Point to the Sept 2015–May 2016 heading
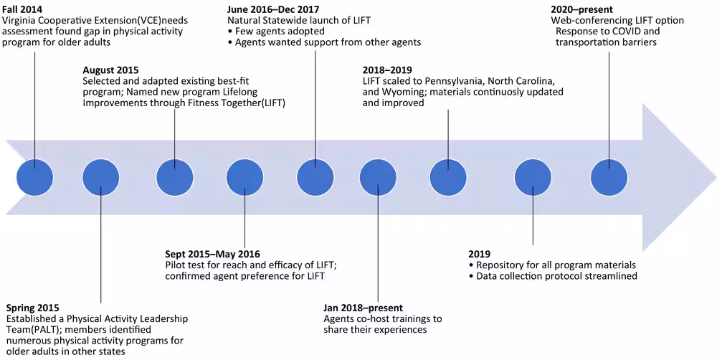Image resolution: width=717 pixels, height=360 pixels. pos(213,254)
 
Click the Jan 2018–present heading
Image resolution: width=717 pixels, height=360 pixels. pos(364,308)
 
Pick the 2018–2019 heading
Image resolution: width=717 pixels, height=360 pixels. pos(387,70)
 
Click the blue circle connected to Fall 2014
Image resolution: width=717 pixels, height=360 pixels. pos(34,176)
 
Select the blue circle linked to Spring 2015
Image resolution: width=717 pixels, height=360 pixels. pos(101,176)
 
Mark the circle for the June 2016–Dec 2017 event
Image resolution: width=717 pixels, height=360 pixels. pos(315,176)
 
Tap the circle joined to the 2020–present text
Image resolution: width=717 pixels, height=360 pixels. pos(609,176)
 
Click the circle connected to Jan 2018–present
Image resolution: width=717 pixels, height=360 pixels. pos(378,176)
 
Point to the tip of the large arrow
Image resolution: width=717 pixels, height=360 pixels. pos(714,176)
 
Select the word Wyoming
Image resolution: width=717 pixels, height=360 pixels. pos(402,92)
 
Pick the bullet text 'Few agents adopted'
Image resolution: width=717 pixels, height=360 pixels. pos(280,32)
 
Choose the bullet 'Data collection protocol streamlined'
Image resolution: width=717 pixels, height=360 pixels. pos(556,276)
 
